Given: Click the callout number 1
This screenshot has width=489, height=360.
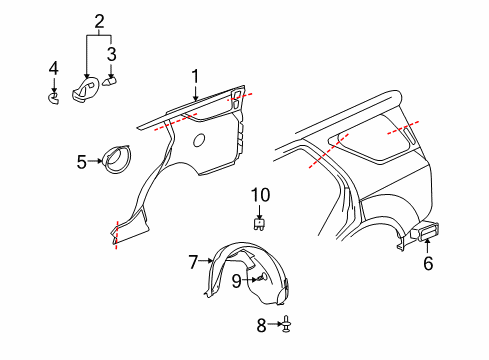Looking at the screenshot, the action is tap(196, 74).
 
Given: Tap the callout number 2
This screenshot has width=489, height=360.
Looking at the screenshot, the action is tap(99, 21).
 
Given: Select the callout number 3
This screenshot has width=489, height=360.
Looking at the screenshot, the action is tap(112, 53).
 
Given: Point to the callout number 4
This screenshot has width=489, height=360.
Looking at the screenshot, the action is tap(54, 69).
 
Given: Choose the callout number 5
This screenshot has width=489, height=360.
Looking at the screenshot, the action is tap(82, 158).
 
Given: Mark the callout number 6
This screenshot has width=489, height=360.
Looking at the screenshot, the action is tap(428, 264).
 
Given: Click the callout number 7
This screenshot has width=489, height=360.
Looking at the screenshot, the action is tap(193, 262).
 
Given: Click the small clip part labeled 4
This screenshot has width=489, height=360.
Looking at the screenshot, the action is tap(56, 96).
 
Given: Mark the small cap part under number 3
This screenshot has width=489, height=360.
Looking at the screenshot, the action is tap(112, 80).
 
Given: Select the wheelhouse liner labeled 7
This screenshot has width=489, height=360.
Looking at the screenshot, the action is tap(240, 270).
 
